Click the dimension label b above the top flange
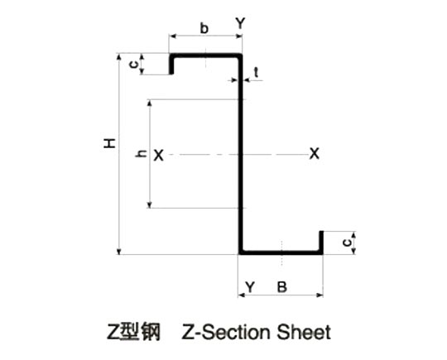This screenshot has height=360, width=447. (204, 28)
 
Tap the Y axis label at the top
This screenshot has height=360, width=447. (240, 23)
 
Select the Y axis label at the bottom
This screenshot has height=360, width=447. (250, 287)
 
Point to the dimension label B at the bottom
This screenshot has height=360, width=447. (282, 287)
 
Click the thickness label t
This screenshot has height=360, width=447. (257, 72)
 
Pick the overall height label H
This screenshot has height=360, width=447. (109, 143)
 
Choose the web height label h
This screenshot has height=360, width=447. (142, 154)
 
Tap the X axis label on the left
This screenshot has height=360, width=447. (159, 156)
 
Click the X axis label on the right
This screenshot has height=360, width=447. (315, 154)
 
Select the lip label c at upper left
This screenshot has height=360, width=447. (134, 65)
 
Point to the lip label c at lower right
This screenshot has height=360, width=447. (347, 242)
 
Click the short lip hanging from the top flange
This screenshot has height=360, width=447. (171, 65)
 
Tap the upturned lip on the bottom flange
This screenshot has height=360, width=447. (321, 241)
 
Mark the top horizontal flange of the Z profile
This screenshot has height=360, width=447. (205, 55)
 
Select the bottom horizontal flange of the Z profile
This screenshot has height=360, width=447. (281, 252)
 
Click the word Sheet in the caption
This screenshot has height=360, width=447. (304, 332)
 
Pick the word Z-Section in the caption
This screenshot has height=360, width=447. (226, 332)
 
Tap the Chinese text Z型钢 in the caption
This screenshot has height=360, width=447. (134, 332)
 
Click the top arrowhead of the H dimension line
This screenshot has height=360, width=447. (119, 56)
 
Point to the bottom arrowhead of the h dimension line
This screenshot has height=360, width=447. (150, 205)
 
